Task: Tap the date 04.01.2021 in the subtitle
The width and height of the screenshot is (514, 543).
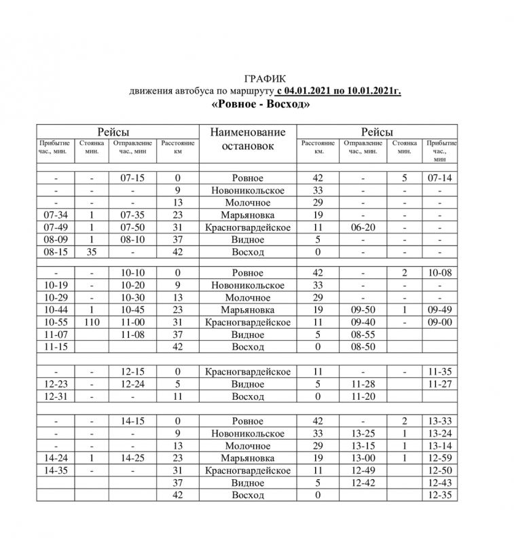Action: tap(310, 91)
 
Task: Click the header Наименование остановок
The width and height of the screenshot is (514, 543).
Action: tap(247, 139)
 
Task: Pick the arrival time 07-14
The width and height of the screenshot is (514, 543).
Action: tap(440, 178)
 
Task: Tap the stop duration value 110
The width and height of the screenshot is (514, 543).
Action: tap(91, 323)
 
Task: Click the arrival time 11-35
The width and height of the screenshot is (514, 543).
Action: tap(440, 372)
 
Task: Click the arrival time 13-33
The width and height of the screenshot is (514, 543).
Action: tap(440, 422)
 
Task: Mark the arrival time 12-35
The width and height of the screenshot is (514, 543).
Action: tap(440, 495)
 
